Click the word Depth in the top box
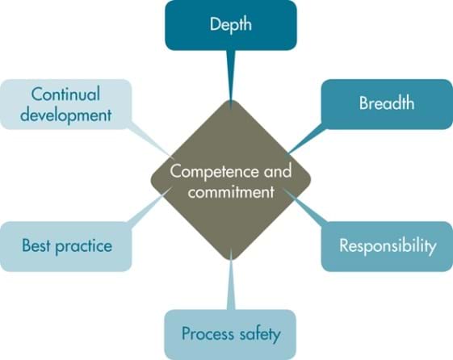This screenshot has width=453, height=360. click(231, 25)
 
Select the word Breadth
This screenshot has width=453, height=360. click(387, 103)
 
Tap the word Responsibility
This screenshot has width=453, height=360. click(388, 246)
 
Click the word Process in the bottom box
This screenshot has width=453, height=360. click(208, 333)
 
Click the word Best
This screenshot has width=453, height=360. click(36, 245)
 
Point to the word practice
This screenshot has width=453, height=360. click(84, 247)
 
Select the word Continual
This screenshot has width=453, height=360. click(65, 94)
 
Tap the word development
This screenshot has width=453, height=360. click(66, 116)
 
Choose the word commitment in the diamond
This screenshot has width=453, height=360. click(231, 192)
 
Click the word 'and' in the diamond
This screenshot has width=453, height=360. click(277, 171)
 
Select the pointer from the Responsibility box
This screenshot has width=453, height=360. click(306, 207)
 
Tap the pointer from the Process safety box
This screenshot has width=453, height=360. click(231, 280)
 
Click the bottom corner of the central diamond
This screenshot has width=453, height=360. click(231, 260)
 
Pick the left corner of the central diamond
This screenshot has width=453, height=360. click(151, 179)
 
